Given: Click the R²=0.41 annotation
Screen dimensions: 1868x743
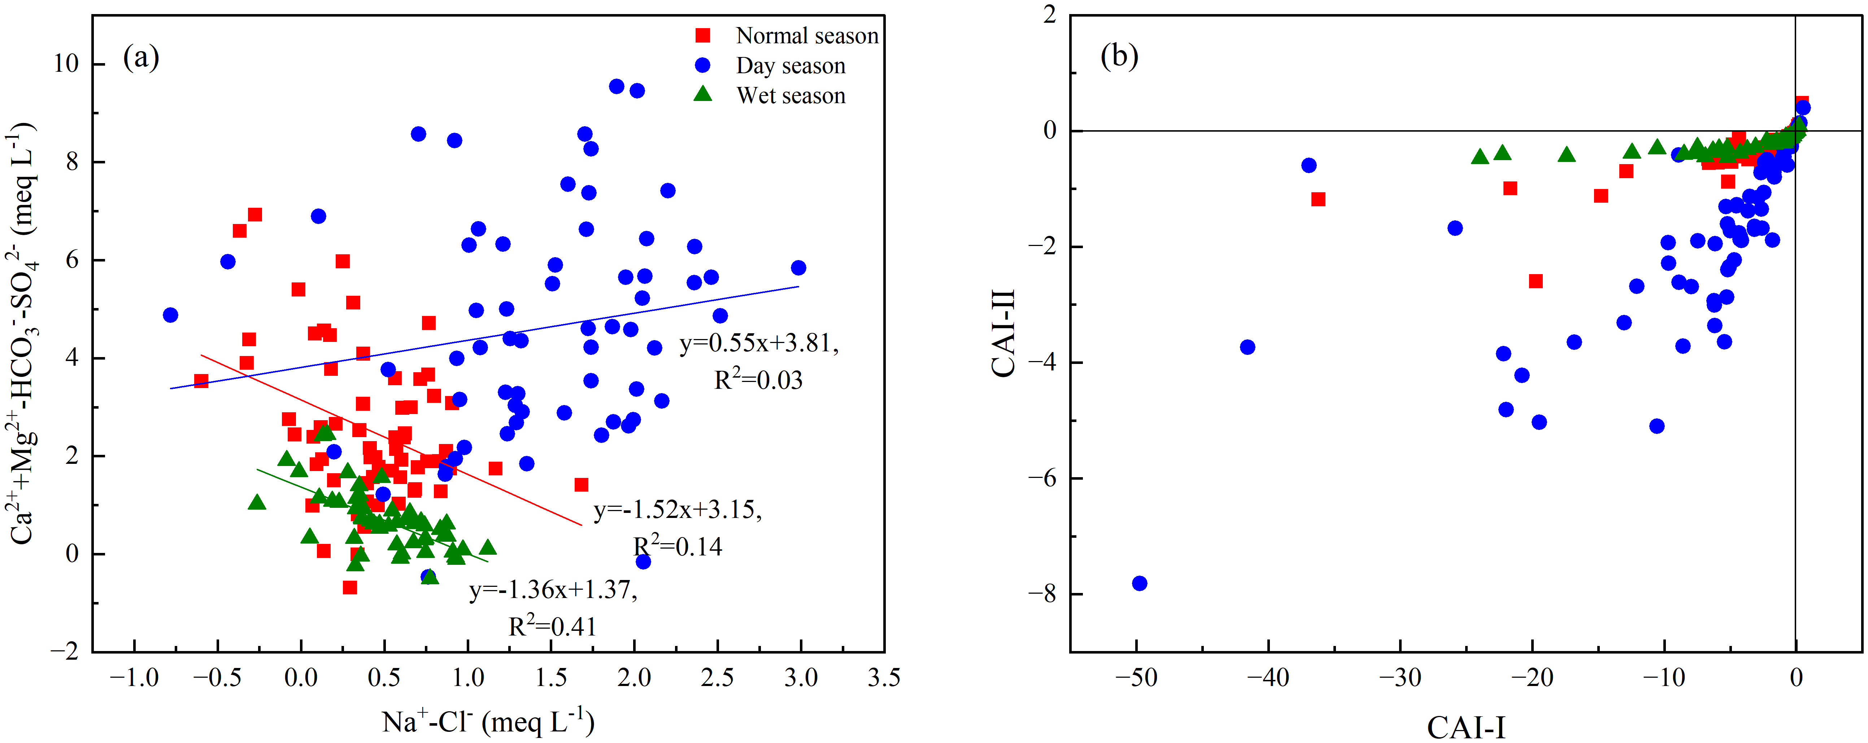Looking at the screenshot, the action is point(553,625).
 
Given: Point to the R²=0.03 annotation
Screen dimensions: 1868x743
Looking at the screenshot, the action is point(758,378).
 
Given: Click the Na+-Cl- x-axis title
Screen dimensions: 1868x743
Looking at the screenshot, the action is point(488,721).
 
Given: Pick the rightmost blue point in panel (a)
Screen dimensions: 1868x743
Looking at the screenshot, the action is point(798,268).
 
